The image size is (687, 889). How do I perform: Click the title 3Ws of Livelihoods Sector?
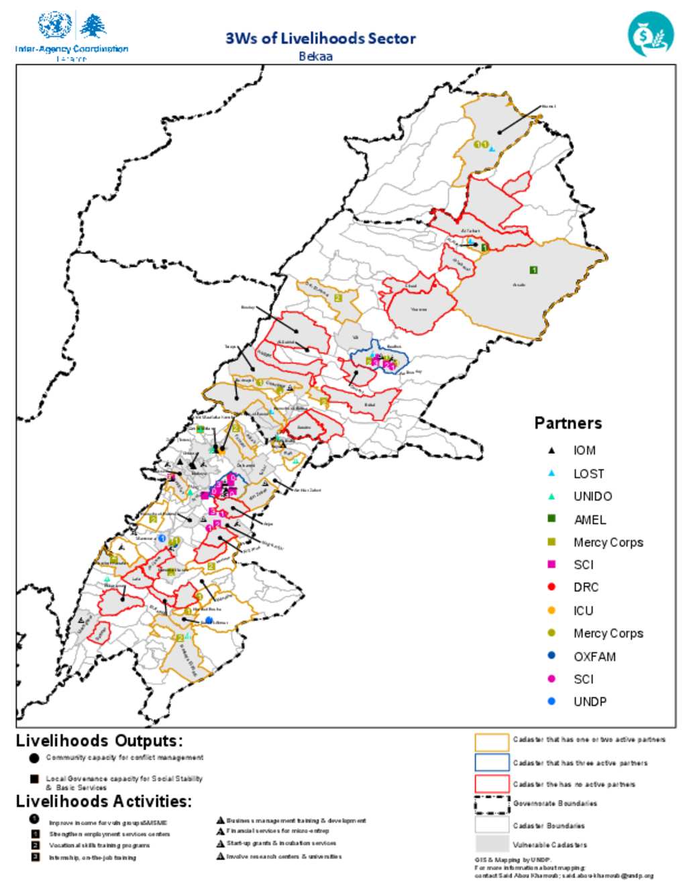[x=320, y=38]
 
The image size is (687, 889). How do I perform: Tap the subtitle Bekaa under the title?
[x=315, y=56]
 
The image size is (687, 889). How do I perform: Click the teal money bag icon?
[x=650, y=34]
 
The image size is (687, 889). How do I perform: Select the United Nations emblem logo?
[x=55, y=25]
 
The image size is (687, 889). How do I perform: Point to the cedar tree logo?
[x=93, y=26]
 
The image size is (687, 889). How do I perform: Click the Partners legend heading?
[x=568, y=423]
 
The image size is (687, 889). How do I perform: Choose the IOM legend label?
[x=584, y=451]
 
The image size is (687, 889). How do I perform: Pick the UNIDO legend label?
[x=592, y=496]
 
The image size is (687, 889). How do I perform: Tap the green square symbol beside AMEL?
[x=551, y=519]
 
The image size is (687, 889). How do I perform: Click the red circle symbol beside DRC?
[x=551, y=587]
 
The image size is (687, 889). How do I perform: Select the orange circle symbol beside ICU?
[x=551, y=611]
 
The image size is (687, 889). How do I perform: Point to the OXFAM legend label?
[x=594, y=657]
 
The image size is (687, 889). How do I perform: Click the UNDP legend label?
[x=590, y=702]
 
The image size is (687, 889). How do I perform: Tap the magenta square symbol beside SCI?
[x=551, y=564]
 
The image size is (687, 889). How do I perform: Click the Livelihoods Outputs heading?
[x=99, y=741]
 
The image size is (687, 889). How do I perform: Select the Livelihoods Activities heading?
[x=103, y=801]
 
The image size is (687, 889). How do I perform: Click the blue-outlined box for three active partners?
[x=492, y=763]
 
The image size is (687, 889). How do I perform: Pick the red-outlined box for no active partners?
[x=492, y=784]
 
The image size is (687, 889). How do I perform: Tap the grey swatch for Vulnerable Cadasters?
[x=492, y=844]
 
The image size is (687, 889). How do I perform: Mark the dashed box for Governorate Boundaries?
[x=492, y=804]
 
